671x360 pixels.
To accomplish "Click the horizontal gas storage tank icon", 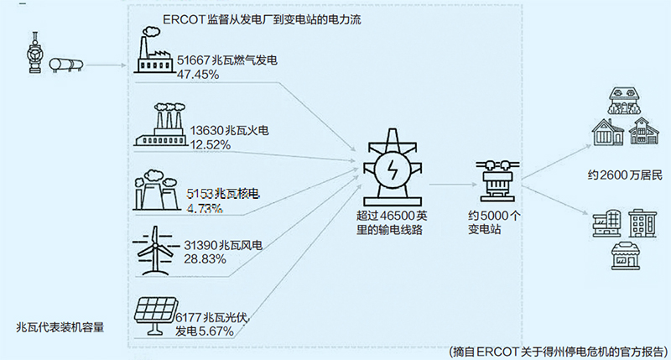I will pyautogui.click(x=68, y=64).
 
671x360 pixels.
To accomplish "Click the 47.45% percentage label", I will pyautogui.click(x=198, y=75).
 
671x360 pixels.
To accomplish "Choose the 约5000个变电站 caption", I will pyautogui.click(x=495, y=222).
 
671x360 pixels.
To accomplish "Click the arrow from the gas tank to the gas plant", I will pyautogui.click(x=105, y=64).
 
